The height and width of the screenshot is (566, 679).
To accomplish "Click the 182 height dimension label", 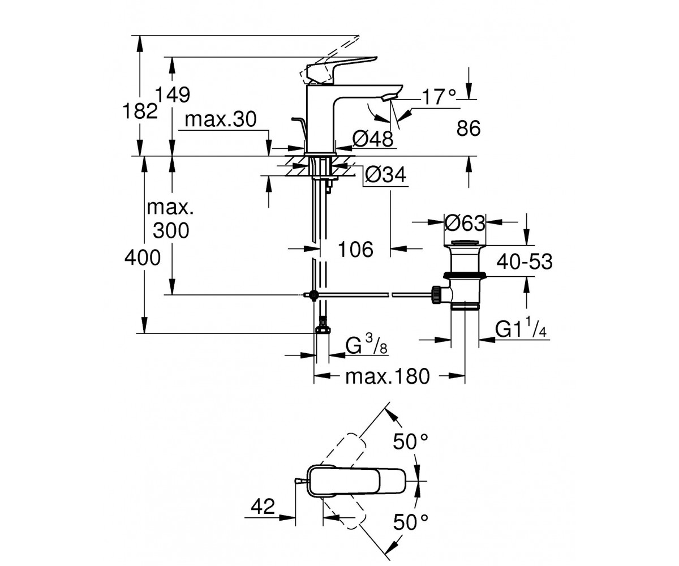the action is pyautogui.click(x=140, y=111).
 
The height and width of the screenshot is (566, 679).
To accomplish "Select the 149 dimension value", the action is pyautogui.click(x=173, y=95).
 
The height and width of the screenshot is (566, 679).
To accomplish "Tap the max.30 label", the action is pyautogui.click(x=221, y=119).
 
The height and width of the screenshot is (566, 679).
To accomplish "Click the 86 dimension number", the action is pyautogui.click(x=469, y=128).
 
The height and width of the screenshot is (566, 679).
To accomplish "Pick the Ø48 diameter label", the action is pyautogui.click(x=373, y=139).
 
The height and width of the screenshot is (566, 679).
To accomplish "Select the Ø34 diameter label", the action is pyautogui.click(x=386, y=175).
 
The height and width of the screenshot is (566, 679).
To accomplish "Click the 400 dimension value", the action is pyautogui.click(x=143, y=258).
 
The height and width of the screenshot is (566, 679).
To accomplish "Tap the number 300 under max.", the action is pyautogui.click(x=171, y=230).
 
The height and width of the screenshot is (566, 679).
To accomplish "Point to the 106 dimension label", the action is pyautogui.click(x=355, y=250).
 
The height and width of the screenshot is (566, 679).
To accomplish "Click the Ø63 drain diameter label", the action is pyautogui.click(x=465, y=223).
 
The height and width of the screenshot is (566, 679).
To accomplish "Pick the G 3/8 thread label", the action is pyautogui.click(x=366, y=345).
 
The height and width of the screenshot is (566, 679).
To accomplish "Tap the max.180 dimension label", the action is pyautogui.click(x=387, y=377).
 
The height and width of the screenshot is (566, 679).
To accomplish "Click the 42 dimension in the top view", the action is pyautogui.click(x=263, y=507).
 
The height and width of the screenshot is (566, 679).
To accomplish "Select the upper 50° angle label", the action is pyautogui.click(x=410, y=441).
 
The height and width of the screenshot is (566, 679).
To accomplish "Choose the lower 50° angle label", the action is pyautogui.click(x=410, y=531).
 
